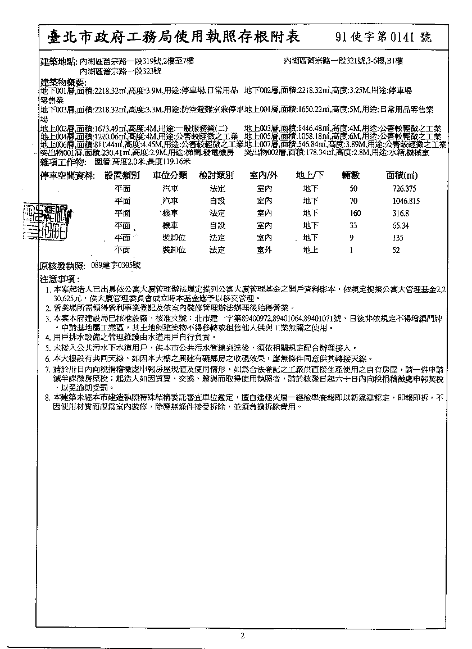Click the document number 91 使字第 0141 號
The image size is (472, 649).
[x=383, y=38]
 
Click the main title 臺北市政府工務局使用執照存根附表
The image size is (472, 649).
[x=174, y=37]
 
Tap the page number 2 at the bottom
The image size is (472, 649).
[x=242, y=636]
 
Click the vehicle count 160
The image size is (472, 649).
[x=355, y=214]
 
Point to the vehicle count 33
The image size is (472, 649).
[x=353, y=226]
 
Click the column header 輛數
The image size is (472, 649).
[x=353, y=176]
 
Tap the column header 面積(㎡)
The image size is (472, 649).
[x=402, y=176]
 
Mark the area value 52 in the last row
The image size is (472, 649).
[x=396, y=251]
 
